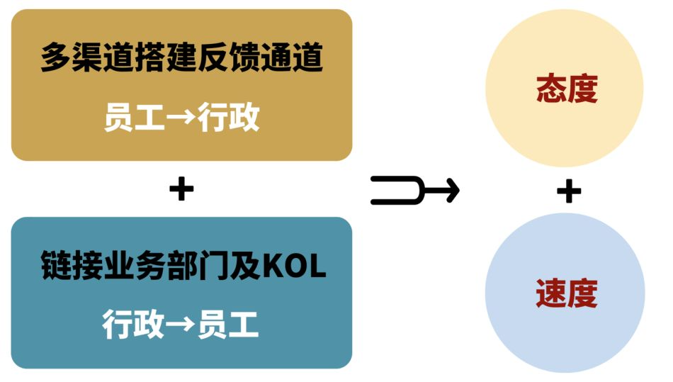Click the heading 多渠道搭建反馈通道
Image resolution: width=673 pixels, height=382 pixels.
[181, 57]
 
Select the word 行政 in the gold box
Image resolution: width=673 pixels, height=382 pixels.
[229, 117]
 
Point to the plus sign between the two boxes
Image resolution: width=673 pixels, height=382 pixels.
[181, 189]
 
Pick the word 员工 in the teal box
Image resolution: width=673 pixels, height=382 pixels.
[229, 324]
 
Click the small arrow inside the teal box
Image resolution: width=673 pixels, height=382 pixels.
[181, 325]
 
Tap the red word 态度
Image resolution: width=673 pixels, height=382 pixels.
[567, 89]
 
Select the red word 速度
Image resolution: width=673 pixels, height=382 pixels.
[566, 293]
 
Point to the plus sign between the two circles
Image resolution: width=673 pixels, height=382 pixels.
[568, 191]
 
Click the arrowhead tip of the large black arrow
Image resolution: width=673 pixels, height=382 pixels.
[456, 190]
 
